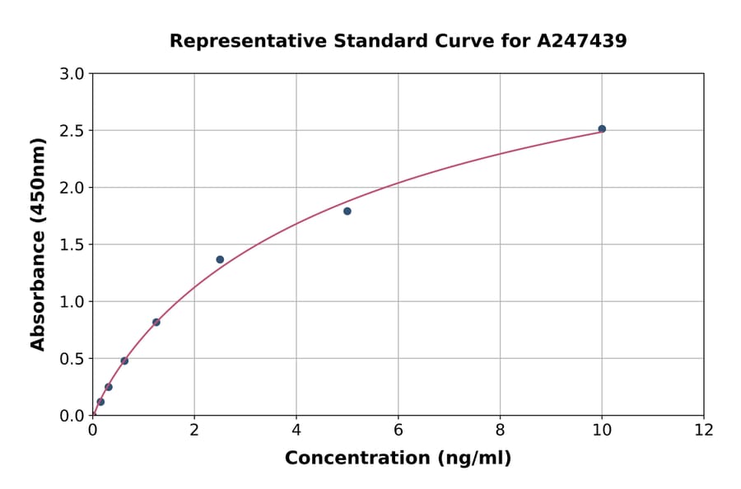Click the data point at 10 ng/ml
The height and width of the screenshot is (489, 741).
tap(602, 129)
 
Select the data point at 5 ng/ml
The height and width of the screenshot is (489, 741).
tap(347, 212)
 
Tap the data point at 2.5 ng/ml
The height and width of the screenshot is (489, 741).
tap(220, 259)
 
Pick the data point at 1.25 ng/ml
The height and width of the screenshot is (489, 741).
tap(156, 322)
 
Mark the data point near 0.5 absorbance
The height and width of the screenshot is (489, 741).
tap(124, 361)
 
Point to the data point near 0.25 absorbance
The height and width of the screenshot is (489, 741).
tap(109, 387)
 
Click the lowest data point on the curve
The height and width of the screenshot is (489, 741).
tap(100, 402)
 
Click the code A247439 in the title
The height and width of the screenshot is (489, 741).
tap(582, 40)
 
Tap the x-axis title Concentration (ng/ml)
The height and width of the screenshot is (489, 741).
tap(398, 459)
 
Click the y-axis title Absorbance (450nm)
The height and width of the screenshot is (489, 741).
tap(38, 244)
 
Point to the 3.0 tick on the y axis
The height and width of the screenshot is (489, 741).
tap(73, 74)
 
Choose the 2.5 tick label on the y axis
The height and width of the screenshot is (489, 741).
tap(73, 131)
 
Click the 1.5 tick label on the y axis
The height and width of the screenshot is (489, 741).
tap(73, 244)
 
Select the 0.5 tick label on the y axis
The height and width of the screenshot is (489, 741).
tap(73, 359)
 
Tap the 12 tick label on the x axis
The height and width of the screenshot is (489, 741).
tap(704, 431)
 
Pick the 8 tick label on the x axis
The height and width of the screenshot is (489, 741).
tap(500, 431)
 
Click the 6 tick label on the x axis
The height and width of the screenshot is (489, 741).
tap(398, 431)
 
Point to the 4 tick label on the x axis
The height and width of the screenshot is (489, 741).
tap(296, 431)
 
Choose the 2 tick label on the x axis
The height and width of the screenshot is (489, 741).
tap(194, 431)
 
